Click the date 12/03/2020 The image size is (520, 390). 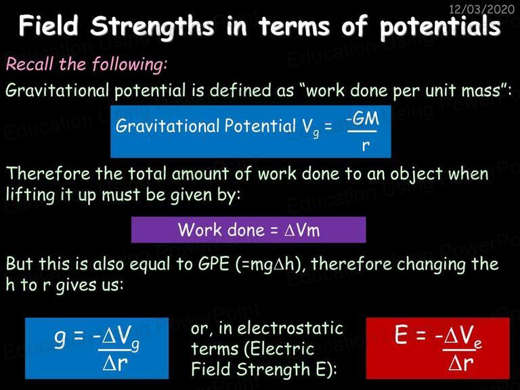[481, 9]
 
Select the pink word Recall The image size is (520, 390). [30, 64]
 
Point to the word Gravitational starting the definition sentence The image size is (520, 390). [57, 90]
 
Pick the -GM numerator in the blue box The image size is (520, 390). [362, 118]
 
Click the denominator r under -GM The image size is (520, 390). [366, 145]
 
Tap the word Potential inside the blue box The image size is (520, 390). [260, 126]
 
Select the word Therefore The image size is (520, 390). [49, 173]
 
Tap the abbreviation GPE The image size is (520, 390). [213, 264]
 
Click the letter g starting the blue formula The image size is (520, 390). [60, 339]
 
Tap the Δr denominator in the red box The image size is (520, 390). [461, 363]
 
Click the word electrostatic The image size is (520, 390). [290, 328]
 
